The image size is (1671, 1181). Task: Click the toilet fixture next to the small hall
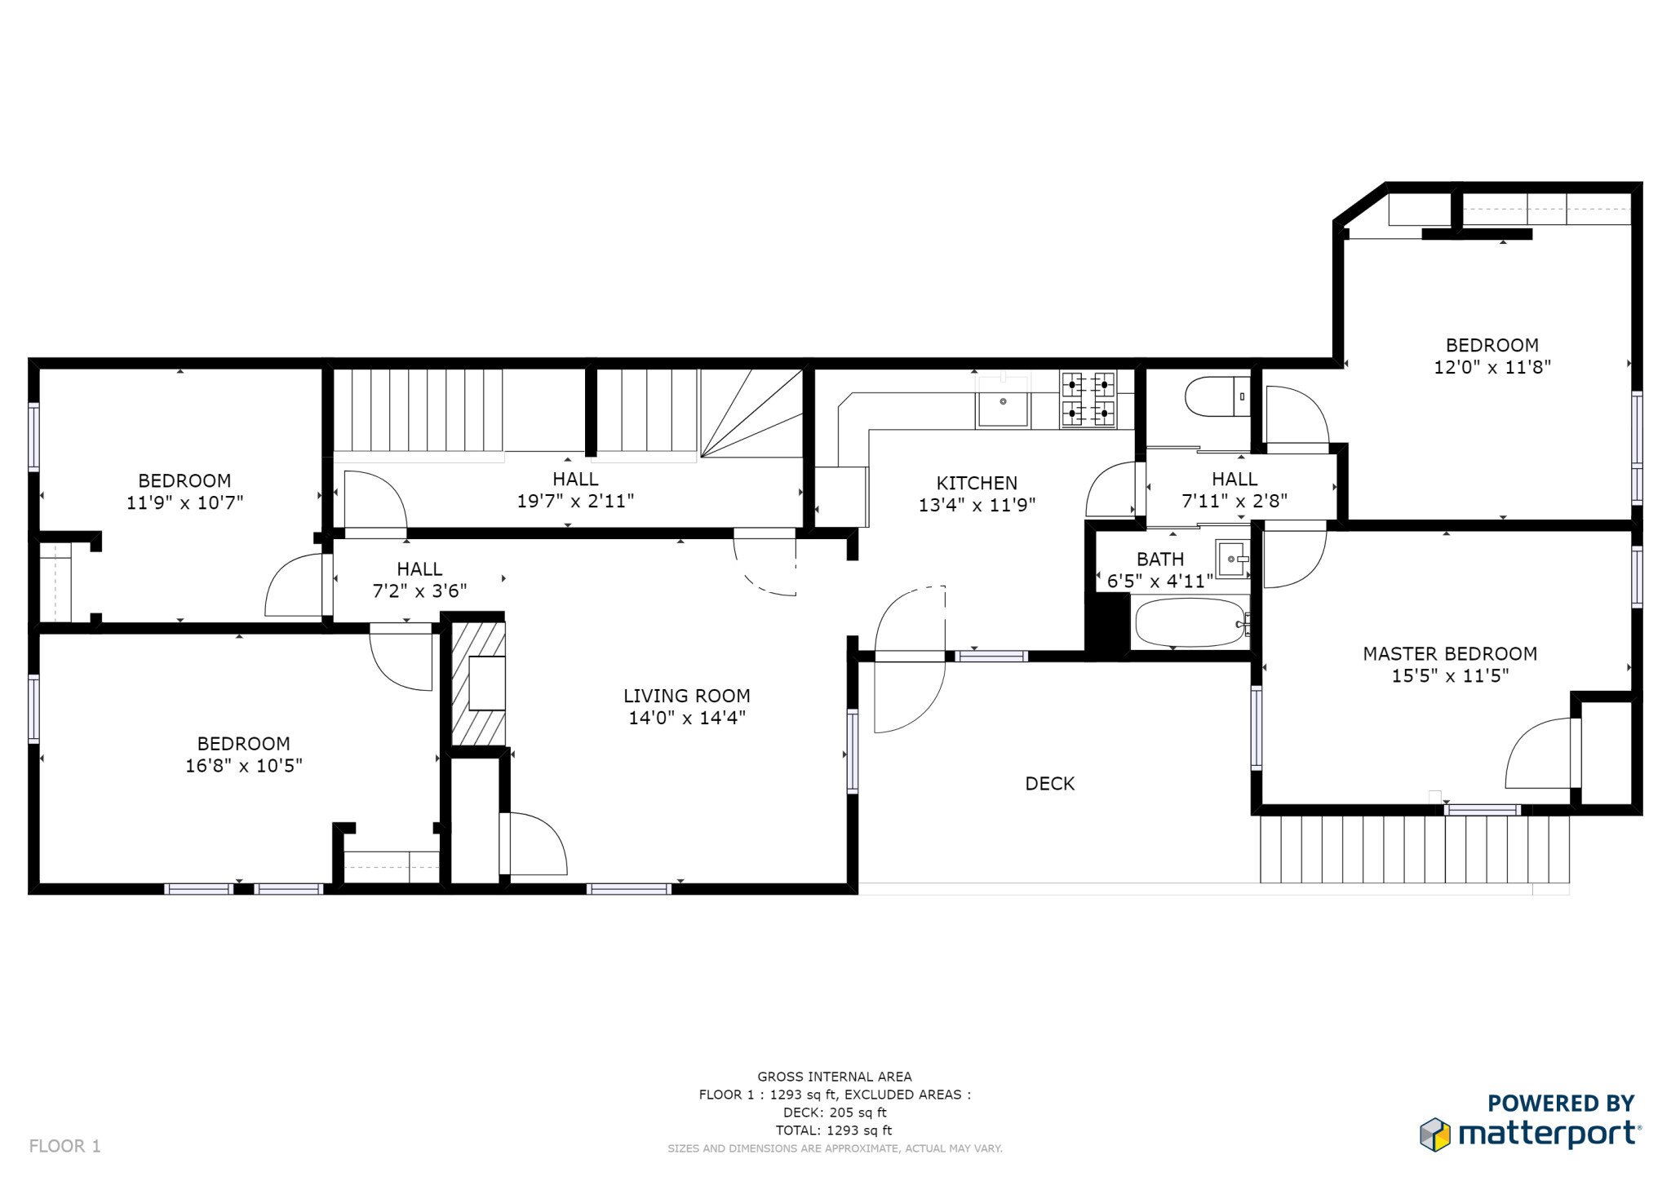1217,396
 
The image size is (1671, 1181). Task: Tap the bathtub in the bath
1190,623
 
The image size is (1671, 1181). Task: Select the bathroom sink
1231,559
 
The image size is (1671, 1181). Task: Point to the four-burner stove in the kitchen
1088,399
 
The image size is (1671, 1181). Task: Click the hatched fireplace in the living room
478,683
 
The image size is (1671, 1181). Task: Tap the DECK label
1050,784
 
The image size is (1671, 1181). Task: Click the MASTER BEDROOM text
1450,653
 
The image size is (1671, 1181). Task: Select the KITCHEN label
977,483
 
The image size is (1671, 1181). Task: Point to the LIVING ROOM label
687,696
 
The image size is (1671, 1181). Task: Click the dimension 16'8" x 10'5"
244,765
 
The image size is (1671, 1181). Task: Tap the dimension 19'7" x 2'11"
575,501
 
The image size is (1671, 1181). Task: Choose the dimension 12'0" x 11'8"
1492,367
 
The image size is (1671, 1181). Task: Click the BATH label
1160,560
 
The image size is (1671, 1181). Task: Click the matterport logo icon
1435,1135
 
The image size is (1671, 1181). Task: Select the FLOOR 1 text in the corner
65,1146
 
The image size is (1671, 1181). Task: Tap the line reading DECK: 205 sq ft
835,1112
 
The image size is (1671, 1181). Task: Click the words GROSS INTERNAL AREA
835,1077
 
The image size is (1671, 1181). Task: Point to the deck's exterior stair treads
1414,849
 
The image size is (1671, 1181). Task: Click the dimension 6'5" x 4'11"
1160,582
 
